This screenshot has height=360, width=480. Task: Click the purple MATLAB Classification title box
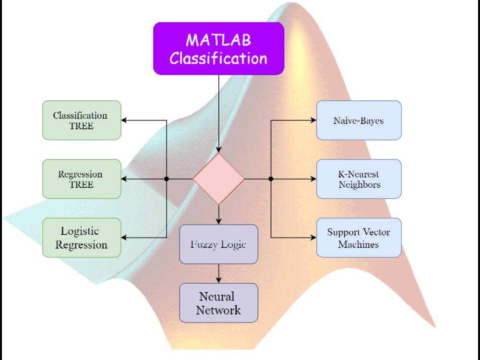click(218, 48)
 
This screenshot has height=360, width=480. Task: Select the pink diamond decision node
click(218, 179)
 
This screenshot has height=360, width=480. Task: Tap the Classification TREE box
click(82, 120)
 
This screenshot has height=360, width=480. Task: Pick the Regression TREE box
click(82, 179)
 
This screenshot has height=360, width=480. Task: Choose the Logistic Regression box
click(82, 238)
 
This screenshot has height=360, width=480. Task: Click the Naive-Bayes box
click(359, 120)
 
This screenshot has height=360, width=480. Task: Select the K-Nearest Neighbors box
click(359, 179)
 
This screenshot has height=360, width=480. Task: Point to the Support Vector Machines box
click(359, 238)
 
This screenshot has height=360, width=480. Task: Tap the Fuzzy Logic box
click(218, 244)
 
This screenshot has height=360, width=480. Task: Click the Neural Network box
click(218, 303)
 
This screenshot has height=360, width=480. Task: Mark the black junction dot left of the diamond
click(167, 179)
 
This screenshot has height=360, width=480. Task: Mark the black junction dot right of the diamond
click(271, 179)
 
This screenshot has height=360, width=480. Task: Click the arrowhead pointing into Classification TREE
click(124, 120)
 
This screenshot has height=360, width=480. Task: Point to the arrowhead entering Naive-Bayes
click(313, 120)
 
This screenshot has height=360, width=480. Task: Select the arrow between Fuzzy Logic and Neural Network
click(218, 274)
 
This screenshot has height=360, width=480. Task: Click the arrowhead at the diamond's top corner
click(218, 150)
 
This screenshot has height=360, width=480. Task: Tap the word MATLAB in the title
click(218, 40)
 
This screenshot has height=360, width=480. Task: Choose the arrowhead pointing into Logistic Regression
click(124, 238)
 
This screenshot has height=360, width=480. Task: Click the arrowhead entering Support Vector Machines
click(313, 238)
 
